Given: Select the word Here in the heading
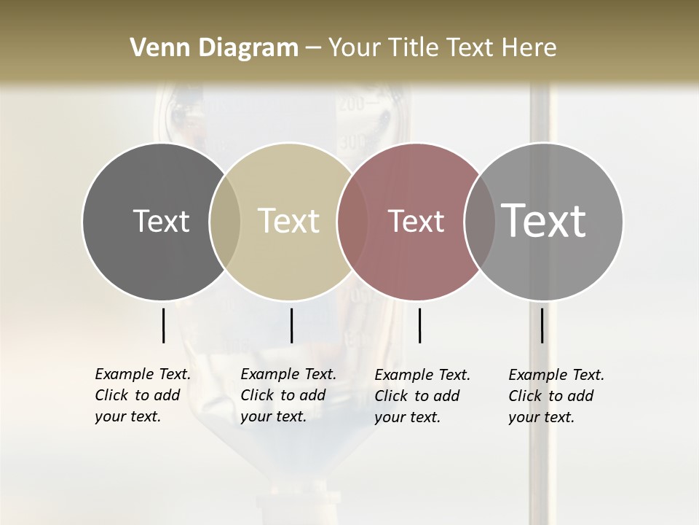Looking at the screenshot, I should (x=531, y=48).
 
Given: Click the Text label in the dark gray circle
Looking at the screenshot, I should (x=161, y=221).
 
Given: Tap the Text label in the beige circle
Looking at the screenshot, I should (x=289, y=221).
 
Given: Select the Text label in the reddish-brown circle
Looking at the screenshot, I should (x=416, y=221).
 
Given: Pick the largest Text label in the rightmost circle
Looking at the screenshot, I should (x=544, y=220).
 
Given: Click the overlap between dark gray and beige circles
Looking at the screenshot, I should (x=225, y=221).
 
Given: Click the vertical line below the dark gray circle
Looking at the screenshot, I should (x=163, y=325).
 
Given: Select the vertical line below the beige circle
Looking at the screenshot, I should (x=291, y=325).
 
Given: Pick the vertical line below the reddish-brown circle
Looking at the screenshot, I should (x=419, y=325).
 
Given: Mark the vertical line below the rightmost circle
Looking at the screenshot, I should (x=542, y=325).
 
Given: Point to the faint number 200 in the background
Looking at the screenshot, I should (x=351, y=104).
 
